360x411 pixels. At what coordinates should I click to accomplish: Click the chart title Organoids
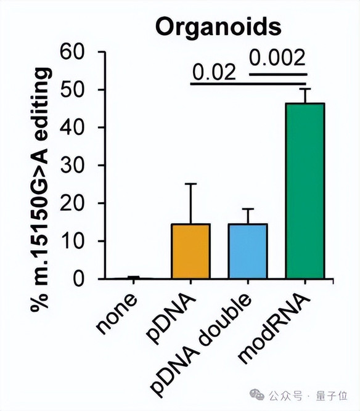click(x=218, y=27)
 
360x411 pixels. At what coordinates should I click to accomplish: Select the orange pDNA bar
click(x=190, y=251)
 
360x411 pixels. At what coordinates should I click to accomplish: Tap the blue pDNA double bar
click(x=248, y=251)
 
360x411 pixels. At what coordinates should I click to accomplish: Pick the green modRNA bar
click(x=305, y=190)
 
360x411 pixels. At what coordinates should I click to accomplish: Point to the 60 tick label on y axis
click(x=72, y=52)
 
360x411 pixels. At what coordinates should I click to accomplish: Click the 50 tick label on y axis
click(x=72, y=90)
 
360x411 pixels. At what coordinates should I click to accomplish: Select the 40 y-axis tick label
click(x=72, y=128)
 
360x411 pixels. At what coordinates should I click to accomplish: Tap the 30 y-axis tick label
click(x=72, y=165)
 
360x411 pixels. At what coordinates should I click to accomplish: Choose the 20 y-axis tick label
click(x=72, y=203)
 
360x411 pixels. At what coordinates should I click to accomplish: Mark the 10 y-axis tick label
click(x=72, y=241)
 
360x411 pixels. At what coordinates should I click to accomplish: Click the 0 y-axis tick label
click(x=79, y=279)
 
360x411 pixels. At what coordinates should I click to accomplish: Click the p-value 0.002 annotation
click(x=277, y=58)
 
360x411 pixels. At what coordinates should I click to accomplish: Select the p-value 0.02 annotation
click(x=215, y=72)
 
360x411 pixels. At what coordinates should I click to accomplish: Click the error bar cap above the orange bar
click(x=190, y=184)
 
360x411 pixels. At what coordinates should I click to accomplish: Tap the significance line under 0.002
click(x=277, y=75)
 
